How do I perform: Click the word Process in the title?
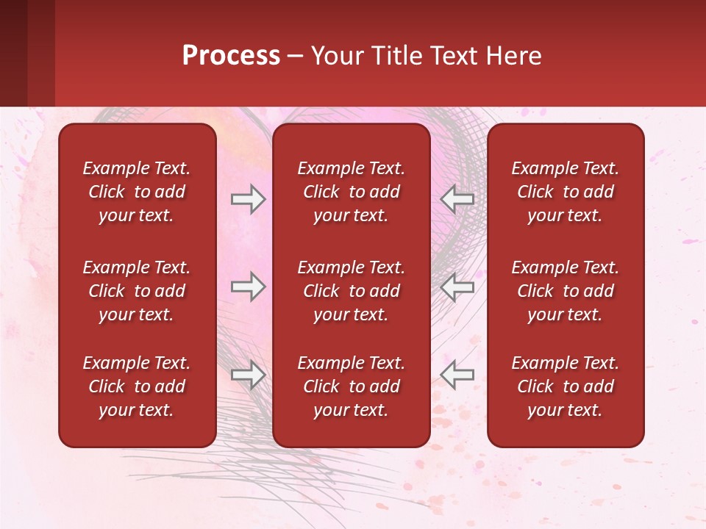point(231,56)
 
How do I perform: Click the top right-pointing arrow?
point(249,199)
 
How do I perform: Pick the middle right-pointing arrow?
point(249,287)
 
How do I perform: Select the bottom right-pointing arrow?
point(249,375)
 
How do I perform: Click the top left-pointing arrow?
point(457,199)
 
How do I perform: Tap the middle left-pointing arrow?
point(457,287)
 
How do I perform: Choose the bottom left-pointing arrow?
point(457,375)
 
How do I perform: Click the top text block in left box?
point(137,192)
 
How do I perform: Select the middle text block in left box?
point(137,291)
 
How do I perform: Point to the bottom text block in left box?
point(137,386)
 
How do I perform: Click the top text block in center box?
point(351,192)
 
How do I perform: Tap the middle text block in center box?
point(351,291)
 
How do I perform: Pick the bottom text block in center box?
point(351,386)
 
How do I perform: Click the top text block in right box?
point(565,192)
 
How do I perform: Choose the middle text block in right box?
point(565,291)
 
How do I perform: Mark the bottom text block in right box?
point(565,386)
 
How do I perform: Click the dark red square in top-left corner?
point(13,53)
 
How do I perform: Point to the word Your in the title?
point(335,56)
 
